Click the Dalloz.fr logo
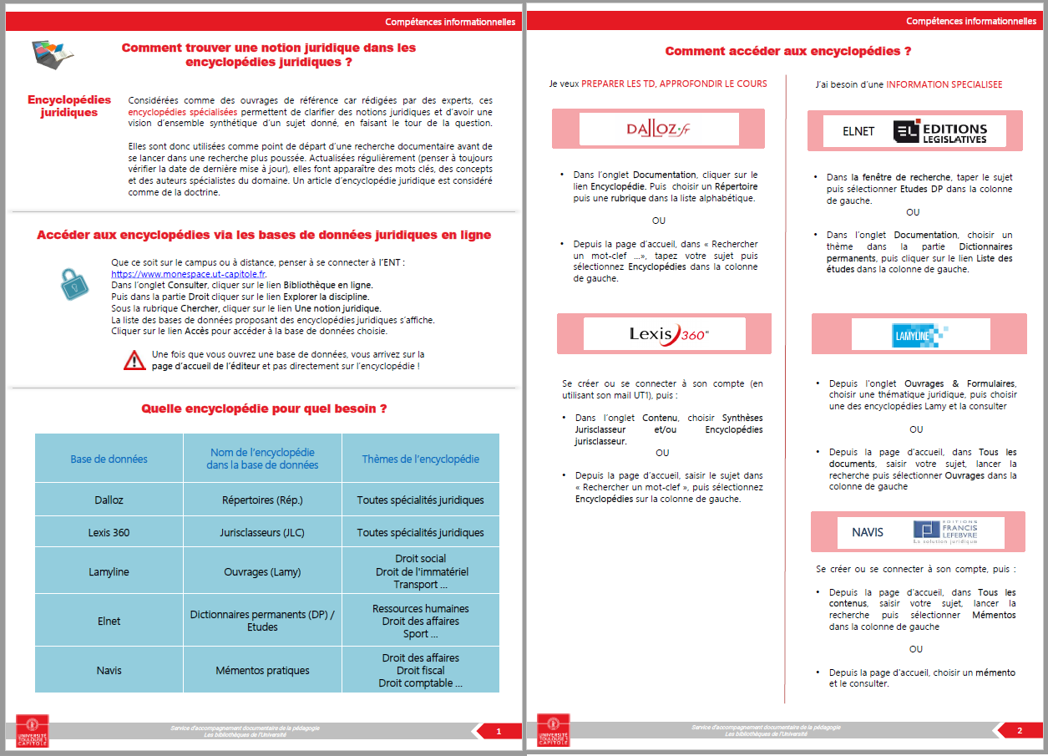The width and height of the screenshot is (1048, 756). [x=659, y=129]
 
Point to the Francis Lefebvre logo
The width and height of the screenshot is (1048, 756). [x=956, y=532]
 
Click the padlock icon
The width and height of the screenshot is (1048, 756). [x=73, y=284]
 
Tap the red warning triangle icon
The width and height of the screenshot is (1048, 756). [x=134, y=361]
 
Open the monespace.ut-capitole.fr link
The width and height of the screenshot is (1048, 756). [x=189, y=274]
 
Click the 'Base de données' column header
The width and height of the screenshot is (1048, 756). [x=109, y=459]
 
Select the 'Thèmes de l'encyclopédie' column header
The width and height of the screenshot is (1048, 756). [x=420, y=459]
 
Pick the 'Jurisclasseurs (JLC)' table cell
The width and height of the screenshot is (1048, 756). [x=263, y=532]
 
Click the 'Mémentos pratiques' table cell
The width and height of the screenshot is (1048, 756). [x=262, y=670]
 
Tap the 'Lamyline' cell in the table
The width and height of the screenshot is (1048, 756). [x=109, y=572]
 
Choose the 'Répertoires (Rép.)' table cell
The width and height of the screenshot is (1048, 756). [x=262, y=500]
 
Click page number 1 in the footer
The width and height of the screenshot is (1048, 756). [x=499, y=732]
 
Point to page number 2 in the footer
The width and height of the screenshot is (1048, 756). [x=1020, y=732]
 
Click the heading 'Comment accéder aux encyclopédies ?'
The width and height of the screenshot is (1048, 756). [x=787, y=52]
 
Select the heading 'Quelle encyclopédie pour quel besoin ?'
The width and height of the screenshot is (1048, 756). [x=264, y=409]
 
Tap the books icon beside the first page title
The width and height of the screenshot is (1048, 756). [x=53, y=53]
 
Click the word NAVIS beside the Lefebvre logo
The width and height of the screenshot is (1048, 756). [x=868, y=532]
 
